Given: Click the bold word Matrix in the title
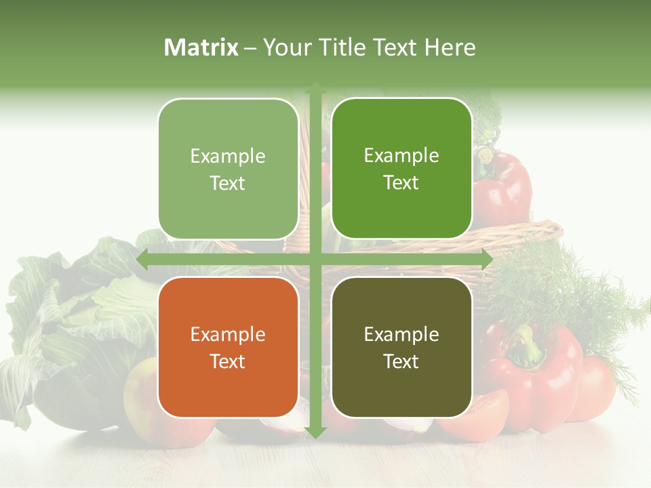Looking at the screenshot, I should tap(201, 47).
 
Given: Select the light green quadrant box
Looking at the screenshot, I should tap(228, 169).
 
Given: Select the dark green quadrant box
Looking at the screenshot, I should tap(401, 168).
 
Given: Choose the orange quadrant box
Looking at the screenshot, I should tap(228, 347).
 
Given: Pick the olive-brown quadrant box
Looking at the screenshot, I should tap(401, 347).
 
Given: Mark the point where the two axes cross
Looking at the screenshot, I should tap(315, 259).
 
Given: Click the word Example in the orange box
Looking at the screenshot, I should tap(228, 334).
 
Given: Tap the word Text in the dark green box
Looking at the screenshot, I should tap(401, 183).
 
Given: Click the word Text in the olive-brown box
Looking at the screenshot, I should tap(401, 362).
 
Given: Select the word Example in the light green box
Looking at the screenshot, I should tap(228, 156).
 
